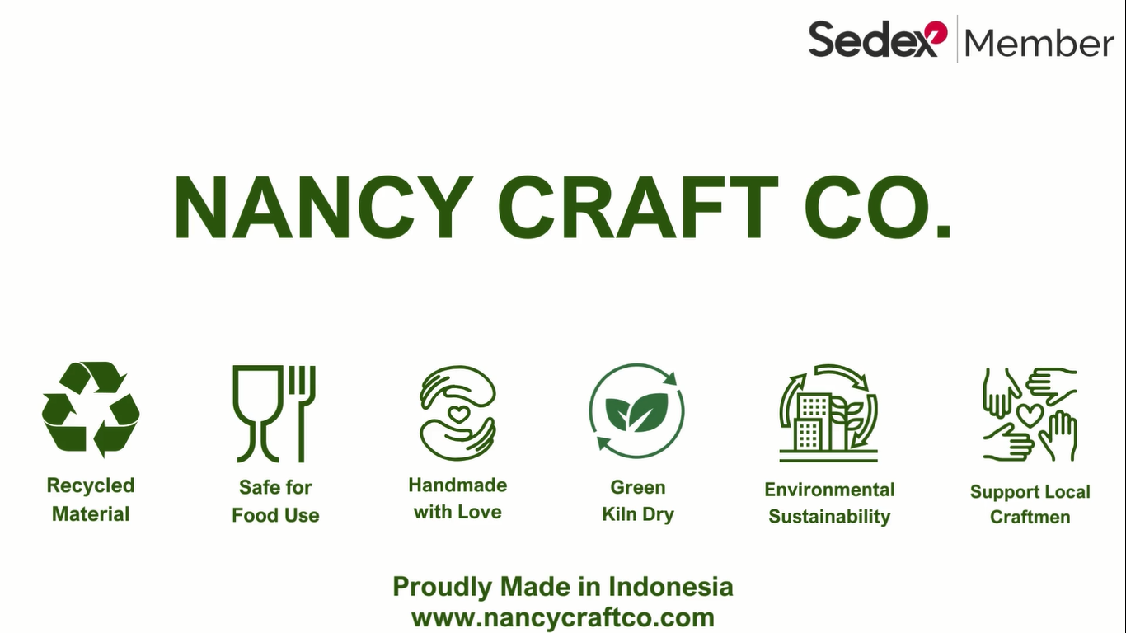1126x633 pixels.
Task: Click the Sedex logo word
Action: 878,39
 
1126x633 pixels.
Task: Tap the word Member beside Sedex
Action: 1039,42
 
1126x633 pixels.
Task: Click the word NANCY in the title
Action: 323,208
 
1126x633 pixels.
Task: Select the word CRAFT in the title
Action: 638,208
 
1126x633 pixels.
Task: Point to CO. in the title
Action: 878,208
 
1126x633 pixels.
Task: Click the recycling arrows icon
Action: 91,410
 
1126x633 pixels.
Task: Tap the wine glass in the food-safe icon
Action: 257,413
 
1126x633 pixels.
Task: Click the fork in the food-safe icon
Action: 303,413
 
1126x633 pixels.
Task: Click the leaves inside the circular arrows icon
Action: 637,412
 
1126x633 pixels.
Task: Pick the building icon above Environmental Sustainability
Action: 828,413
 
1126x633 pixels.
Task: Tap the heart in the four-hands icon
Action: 1030,415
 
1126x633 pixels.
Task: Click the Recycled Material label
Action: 91,499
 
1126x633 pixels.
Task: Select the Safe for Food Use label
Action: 275,501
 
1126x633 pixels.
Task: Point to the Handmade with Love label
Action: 458,499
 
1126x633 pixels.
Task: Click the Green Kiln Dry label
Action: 638,501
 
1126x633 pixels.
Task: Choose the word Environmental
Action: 829,490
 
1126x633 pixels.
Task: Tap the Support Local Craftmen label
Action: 1030,504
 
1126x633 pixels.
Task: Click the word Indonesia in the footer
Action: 671,587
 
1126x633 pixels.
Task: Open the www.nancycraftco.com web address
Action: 563,617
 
